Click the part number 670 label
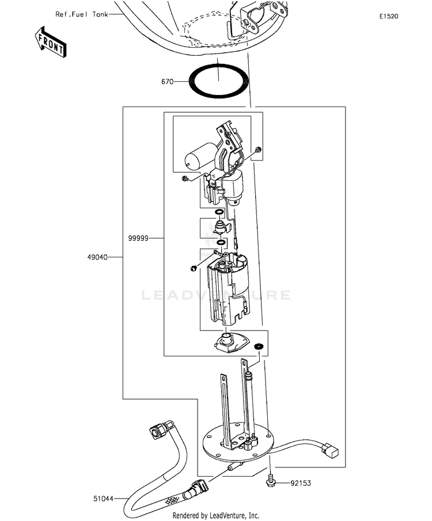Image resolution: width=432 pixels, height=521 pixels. tap(167, 81)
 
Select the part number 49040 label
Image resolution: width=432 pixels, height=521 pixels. tap(97, 257)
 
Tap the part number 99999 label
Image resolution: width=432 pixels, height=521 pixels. tap(138, 238)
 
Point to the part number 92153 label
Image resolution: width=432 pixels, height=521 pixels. tap(301, 483)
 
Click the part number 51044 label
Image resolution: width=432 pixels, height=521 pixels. tap(103, 499)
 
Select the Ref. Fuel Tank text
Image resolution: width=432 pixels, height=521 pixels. tap(82, 14)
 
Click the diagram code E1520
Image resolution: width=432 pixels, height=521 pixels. tap(389, 16)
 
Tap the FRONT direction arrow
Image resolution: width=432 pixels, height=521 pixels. tap(51, 42)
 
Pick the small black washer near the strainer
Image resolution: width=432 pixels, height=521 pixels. tap(259, 347)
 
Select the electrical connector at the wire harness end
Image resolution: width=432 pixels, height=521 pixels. tap(331, 450)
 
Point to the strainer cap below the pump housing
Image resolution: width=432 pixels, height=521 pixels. tap(232, 342)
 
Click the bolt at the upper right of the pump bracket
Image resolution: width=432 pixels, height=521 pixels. tap(257, 150)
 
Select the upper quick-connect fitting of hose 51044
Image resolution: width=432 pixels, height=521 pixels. tap(160, 430)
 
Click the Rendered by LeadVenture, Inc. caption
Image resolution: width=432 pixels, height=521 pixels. tap(215, 515)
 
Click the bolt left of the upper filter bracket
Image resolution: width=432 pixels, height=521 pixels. tap(185, 179)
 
